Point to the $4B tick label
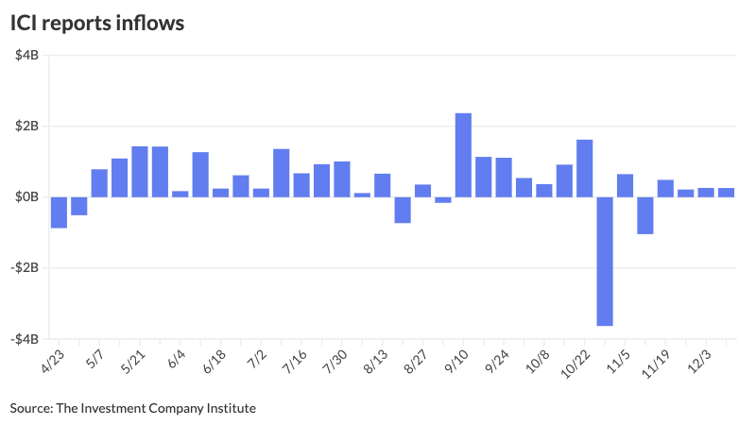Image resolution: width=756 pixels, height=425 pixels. tap(25, 56)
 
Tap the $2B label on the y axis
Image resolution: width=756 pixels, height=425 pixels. tap(25, 127)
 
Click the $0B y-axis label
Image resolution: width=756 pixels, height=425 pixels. tap(25, 197)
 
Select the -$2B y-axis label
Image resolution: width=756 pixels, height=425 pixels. tap(23, 268)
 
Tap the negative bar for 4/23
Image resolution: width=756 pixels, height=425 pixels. tap(59, 212)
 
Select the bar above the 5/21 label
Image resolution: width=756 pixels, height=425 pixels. tap(140, 172)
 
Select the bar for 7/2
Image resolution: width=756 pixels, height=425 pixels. tap(261, 193)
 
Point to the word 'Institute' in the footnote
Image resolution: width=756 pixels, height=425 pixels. tap(232, 408)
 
